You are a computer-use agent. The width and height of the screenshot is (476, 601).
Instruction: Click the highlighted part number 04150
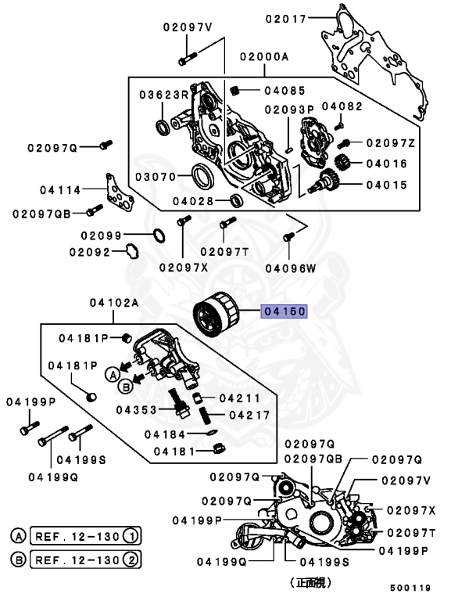[x=285, y=311]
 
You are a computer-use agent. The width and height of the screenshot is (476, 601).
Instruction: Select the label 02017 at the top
[x=285, y=17]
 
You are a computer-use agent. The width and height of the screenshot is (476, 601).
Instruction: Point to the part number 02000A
[x=264, y=57]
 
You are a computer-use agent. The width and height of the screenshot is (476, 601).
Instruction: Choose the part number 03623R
[x=164, y=95]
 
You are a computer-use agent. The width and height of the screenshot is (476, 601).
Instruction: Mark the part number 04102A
[x=113, y=303]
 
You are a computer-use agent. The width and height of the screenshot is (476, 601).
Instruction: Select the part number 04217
[x=249, y=416]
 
